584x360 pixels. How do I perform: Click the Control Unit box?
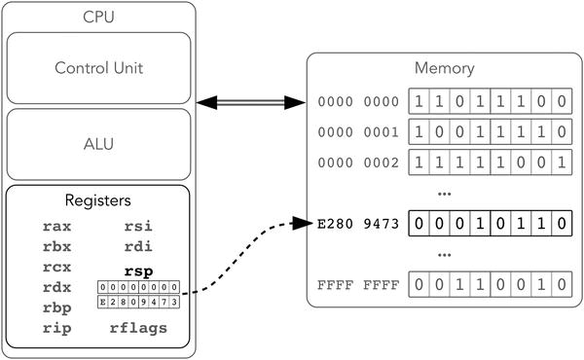click(101, 68)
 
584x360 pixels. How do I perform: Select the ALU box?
click(101, 144)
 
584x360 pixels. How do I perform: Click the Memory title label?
click(444, 69)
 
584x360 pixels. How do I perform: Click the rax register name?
click(56, 226)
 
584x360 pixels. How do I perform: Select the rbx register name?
click(56, 246)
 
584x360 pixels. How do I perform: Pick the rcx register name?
click(56, 267)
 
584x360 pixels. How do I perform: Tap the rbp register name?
click(56, 307)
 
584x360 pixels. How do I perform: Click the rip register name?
click(56, 328)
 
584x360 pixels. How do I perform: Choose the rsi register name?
click(137, 226)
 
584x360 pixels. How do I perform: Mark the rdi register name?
click(137, 246)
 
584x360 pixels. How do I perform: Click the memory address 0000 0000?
click(358, 101)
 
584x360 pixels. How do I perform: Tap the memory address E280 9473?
click(358, 223)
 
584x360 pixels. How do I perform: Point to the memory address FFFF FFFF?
click(358, 287)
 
